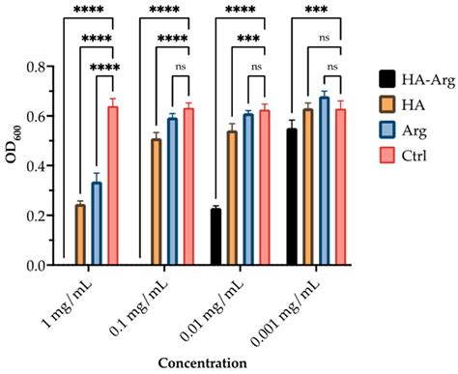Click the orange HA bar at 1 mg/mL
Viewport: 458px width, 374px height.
(80, 235)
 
